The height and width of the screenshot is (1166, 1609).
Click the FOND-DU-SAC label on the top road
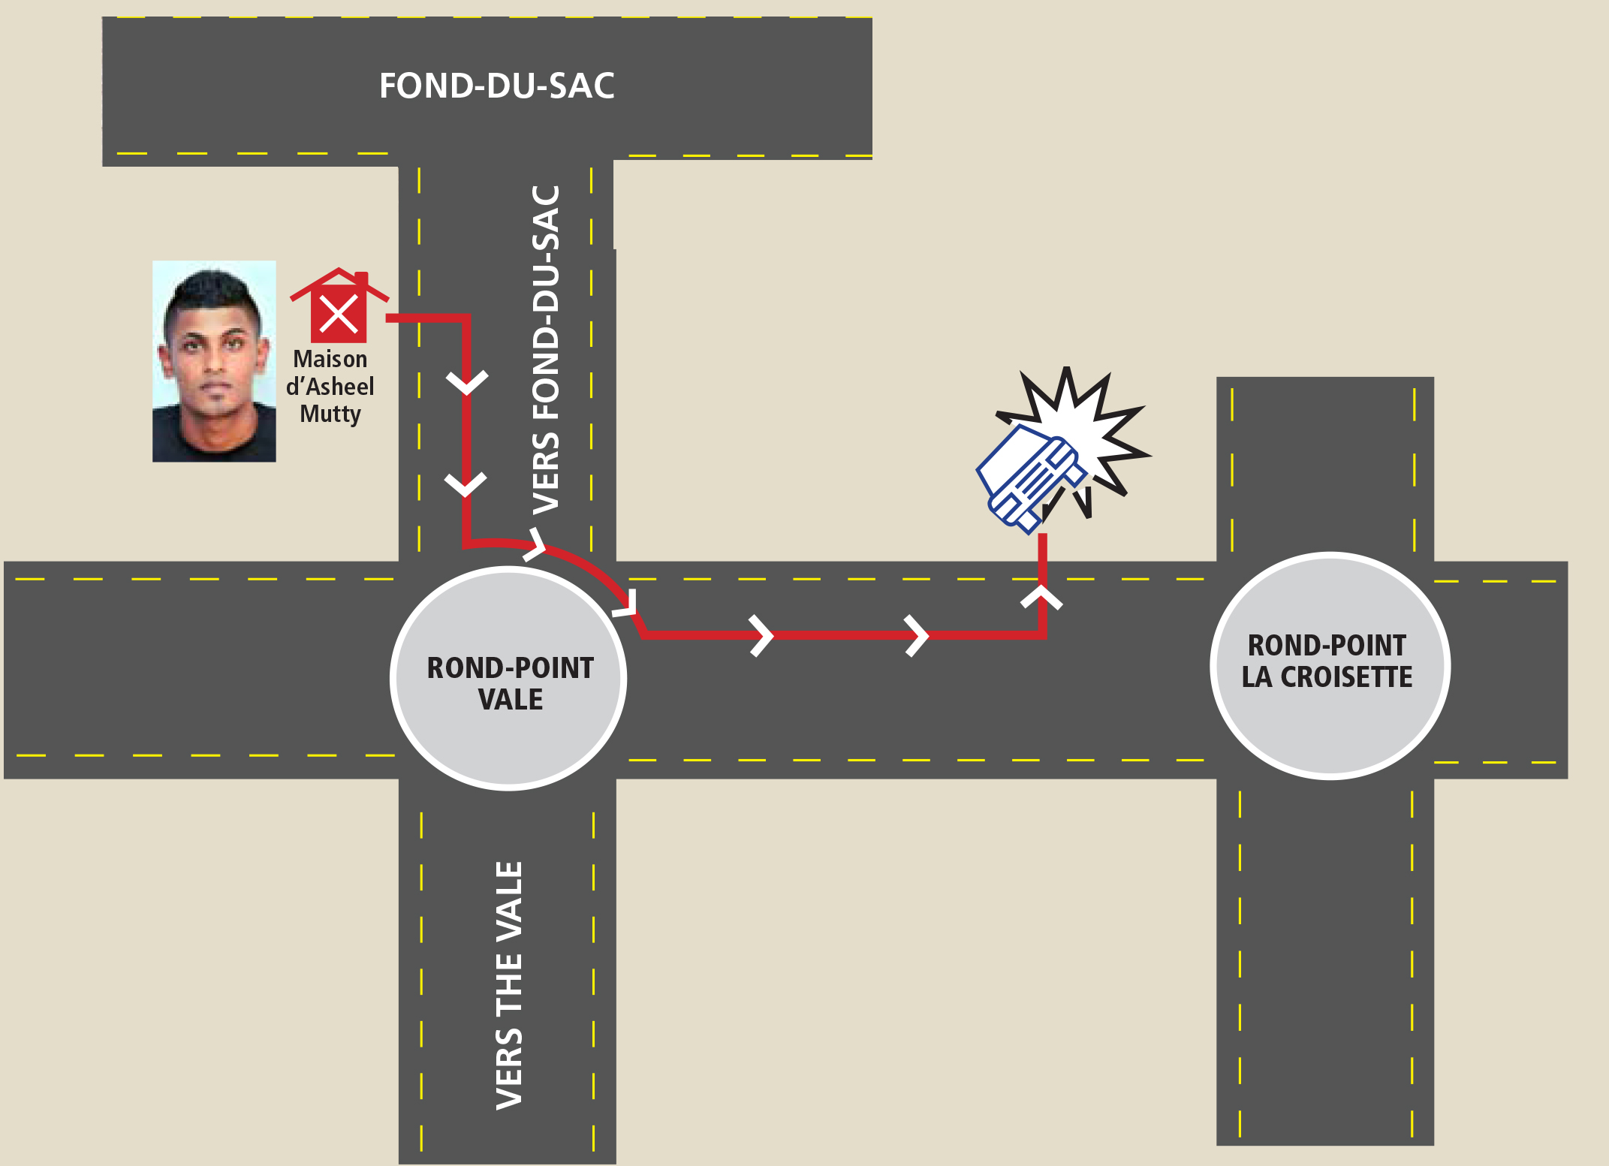(x=496, y=86)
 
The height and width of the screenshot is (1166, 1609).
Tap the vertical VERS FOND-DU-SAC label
(x=547, y=350)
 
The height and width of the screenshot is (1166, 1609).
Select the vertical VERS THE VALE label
(x=510, y=985)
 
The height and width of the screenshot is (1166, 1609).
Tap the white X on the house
(x=339, y=314)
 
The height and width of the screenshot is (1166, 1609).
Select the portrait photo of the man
(x=214, y=361)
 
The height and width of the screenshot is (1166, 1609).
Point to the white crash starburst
(x=1089, y=428)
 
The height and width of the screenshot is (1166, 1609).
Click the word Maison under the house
(x=330, y=359)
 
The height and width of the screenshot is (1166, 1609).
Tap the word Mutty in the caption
(x=330, y=414)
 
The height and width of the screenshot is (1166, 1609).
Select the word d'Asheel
(x=330, y=387)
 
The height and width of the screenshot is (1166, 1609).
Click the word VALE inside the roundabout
(x=511, y=700)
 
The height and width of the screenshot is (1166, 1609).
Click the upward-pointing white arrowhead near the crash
(x=1042, y=598)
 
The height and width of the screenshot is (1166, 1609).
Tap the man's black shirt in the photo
(x=214, y=439)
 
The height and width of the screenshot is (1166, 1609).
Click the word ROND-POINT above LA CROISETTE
(x=1327, y=646)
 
